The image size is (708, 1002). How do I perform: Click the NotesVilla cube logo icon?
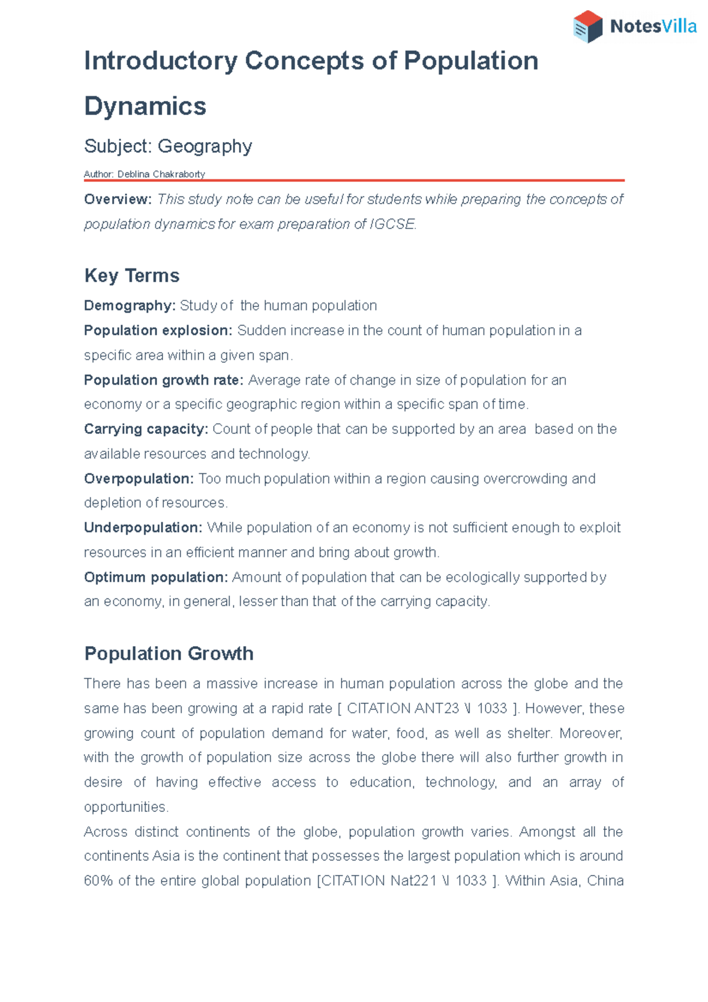588,27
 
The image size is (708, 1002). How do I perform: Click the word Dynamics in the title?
145,106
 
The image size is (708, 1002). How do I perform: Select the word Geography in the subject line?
205,146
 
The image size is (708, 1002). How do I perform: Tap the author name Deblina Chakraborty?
161,174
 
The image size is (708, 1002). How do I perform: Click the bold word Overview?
117,199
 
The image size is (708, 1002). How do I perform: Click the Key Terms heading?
132,276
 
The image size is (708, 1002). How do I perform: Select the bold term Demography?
129,306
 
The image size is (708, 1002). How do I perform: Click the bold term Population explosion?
158,330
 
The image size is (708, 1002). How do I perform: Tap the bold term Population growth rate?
163,380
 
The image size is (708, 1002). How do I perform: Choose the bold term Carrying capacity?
145,429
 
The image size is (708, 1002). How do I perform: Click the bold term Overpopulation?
138,479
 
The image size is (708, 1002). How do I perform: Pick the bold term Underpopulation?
143,528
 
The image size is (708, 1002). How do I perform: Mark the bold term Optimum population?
155,577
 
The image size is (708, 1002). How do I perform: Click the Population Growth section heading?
169,653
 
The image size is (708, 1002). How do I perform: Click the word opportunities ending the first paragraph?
126,807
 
